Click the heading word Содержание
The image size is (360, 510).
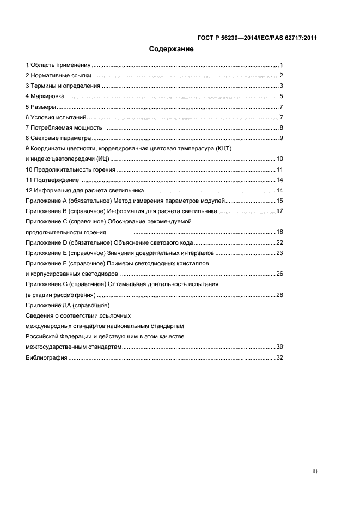point(172,50)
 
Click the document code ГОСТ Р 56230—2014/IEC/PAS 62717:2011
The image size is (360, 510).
point(257,38)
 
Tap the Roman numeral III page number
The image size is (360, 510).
point(314,472)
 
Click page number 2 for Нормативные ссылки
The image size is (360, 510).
point(281,75)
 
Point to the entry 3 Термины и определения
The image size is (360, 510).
point(63,86)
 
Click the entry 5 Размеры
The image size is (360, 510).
point(41,107)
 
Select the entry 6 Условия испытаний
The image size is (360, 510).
point(56,117)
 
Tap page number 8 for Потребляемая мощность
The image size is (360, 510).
point(281,127)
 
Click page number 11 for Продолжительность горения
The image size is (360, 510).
point(279,169)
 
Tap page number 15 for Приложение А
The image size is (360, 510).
point(279,201)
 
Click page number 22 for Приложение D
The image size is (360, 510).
point(279,242)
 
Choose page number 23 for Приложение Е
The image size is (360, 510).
point(279,253)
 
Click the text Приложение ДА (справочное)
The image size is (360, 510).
point(68,305)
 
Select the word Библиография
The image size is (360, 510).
point(46,357)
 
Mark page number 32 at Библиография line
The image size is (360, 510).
point(279,357)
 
